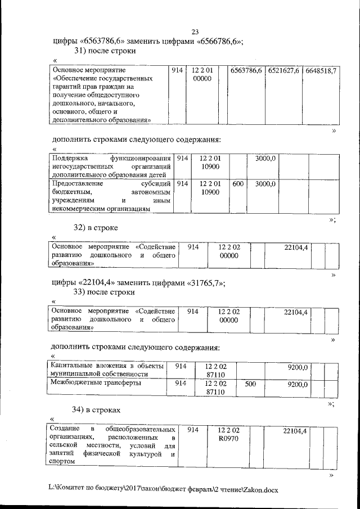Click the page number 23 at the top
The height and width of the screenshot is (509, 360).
[x=195, y=31]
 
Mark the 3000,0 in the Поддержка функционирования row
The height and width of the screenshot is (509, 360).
[x=265, y=159]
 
